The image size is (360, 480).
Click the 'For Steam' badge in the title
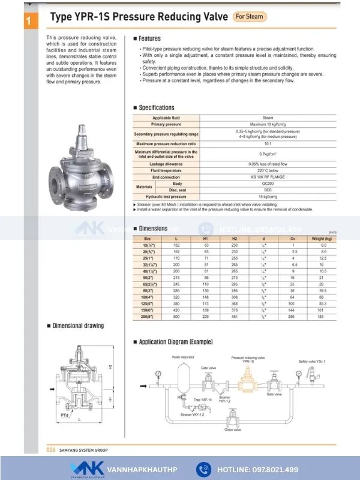tap(248, 17)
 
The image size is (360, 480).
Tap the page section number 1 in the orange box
tap(28, 22)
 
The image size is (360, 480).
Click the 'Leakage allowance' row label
tap(166, 164)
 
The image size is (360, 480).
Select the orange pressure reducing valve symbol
tap(247, 383)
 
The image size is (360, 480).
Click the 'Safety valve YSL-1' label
tap(313, 362)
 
